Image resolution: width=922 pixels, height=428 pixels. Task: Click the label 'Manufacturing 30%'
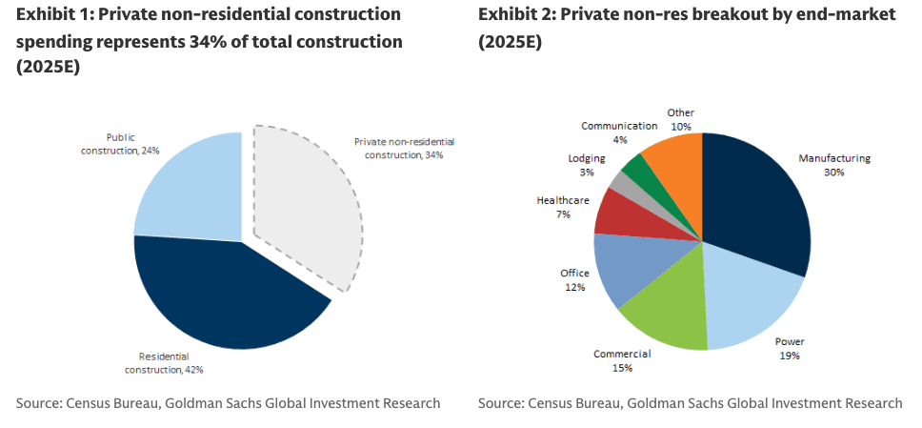834,165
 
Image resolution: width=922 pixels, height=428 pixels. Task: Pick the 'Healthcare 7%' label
564,208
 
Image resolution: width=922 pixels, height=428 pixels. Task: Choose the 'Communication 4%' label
619,132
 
